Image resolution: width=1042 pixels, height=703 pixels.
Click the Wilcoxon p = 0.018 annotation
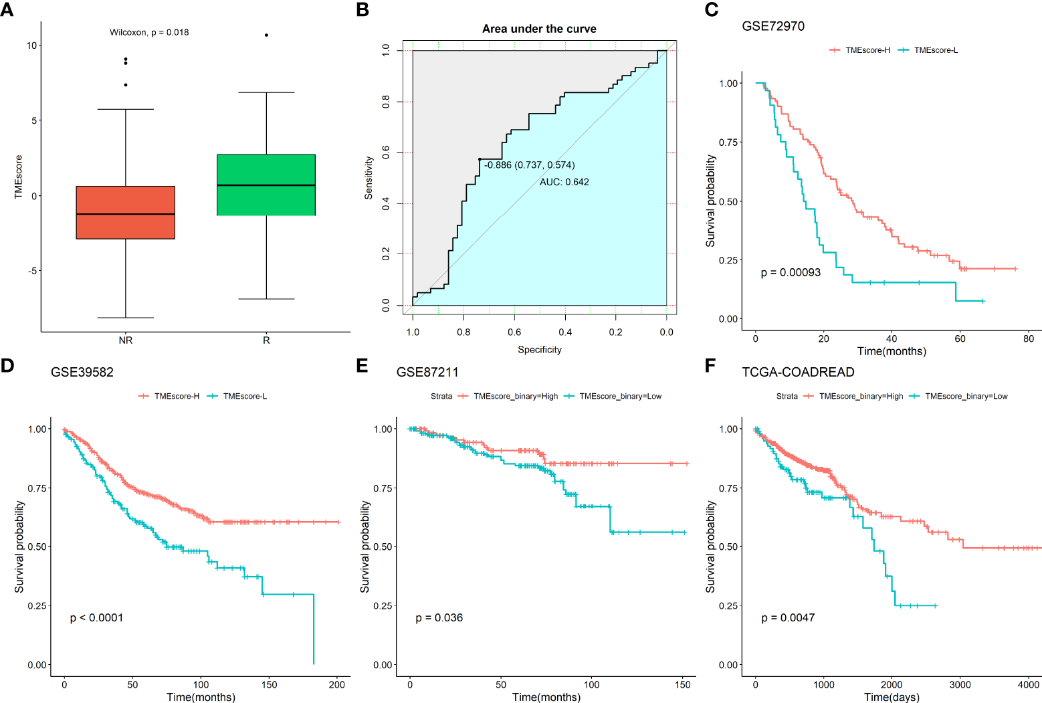tap(149, 32)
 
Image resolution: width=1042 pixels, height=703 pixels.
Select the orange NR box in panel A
tap(126, 212)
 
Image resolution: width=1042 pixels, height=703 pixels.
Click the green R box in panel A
tap(266, 185)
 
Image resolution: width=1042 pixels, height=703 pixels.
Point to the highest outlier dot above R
tap(266, 35)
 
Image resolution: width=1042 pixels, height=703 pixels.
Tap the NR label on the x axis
tap(126, 340)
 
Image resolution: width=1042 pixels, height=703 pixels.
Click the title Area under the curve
tap(539, 29)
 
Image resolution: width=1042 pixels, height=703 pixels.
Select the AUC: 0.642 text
tap(564, 182)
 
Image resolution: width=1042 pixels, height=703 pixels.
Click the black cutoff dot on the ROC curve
tap(480, 159)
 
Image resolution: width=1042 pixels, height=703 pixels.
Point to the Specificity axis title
tap(540, 350)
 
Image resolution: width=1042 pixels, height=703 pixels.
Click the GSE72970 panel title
tap(773, 26)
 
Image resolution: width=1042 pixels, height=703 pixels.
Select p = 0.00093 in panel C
tap(791, 272)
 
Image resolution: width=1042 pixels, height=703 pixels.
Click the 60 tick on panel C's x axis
tap(960, 338)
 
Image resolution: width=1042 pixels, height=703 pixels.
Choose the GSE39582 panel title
tap(82, 372)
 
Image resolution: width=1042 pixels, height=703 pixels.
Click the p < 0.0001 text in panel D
tap(97, 617)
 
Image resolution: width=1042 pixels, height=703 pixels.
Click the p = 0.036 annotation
tap(439, 617)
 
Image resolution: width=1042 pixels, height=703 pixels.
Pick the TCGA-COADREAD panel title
tap(798, 372)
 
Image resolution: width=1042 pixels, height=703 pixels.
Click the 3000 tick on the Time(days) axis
tap(960, 684)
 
